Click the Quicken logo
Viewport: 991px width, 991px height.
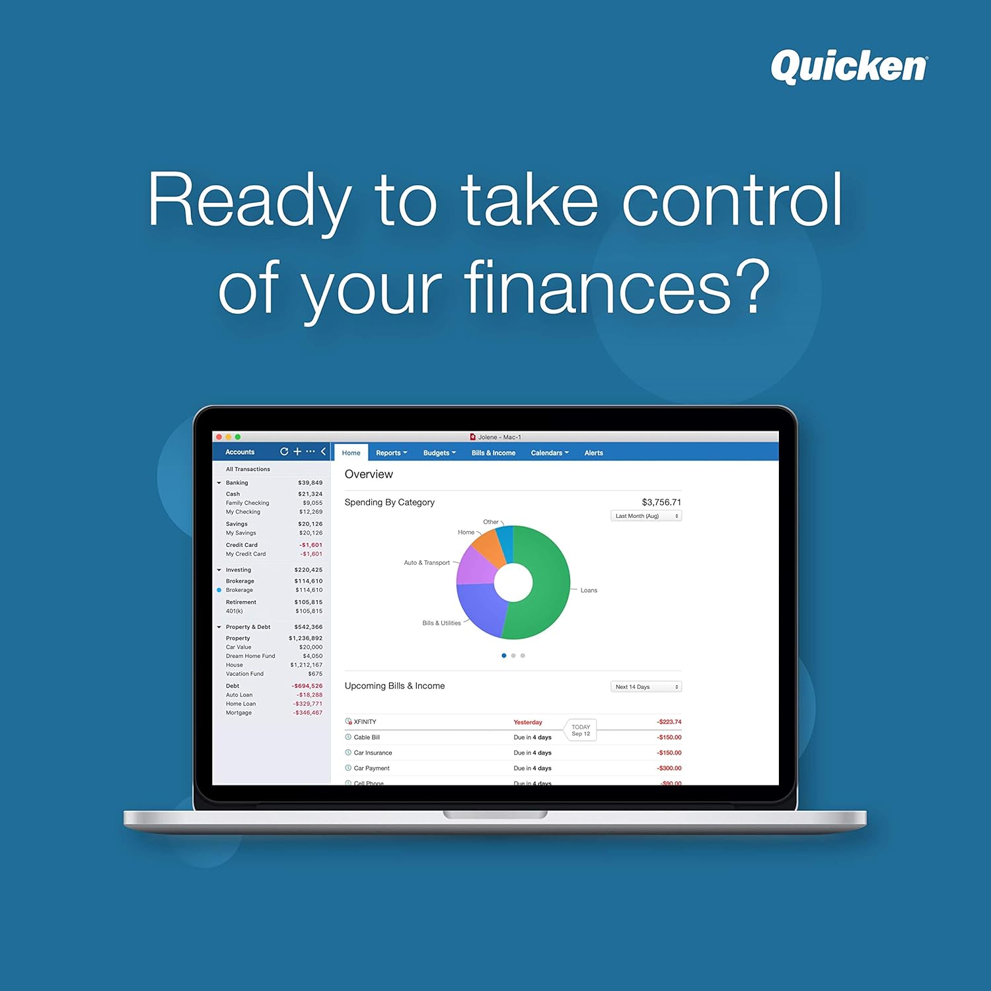coord(849,67)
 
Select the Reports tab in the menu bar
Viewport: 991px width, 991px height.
coord(391,453)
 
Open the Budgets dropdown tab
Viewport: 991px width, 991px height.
coord(439,453)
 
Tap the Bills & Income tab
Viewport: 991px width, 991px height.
coord(493,453)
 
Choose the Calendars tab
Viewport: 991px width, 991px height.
coord(549,453)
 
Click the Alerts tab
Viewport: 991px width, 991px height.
coord(593,453)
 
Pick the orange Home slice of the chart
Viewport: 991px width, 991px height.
coord(489,548)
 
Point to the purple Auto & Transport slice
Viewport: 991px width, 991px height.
coord(474,568)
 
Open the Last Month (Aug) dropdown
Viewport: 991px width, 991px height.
coord(645,516)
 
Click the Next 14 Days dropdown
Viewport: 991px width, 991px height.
coord(645,687)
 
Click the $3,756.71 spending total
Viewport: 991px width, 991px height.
coord(661,502)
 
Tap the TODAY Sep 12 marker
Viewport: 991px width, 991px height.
coord(581,730)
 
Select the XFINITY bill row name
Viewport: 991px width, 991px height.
coord(365,722)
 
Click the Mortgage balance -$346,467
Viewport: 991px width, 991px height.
coord(307,713)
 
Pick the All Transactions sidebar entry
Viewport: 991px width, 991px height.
coord(248,469)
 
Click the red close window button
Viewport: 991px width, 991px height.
coord(219,437)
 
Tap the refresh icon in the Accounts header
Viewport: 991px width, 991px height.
coord(284,452)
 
